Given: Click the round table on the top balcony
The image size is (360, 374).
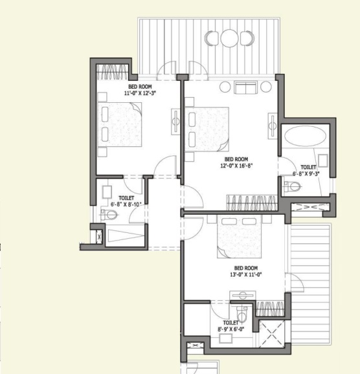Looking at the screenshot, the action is click(x=229, y=38).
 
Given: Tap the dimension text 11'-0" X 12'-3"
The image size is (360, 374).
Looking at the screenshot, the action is click(x=140, y=93).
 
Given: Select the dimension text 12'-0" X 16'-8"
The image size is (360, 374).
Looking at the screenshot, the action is click(x=236, y=166).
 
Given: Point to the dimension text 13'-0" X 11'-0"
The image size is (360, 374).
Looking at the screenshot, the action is click(x=246, y=274).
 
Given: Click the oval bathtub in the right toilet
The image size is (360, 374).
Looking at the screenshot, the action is click(x=305, y=136).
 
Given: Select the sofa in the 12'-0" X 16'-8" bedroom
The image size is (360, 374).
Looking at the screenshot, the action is click(x=245, y=87).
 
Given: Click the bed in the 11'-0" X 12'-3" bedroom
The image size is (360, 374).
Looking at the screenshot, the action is click(x=119, y=124).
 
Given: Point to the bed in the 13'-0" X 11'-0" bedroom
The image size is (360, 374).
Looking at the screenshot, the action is click(x=239, y=237).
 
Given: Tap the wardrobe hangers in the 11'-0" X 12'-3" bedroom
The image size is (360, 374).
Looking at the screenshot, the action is click(x=112, y=72).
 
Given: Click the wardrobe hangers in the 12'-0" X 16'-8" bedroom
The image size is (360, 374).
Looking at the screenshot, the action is click(x=252, y=203).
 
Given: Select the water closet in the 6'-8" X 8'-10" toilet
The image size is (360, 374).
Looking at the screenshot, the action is click(x=109, y=214).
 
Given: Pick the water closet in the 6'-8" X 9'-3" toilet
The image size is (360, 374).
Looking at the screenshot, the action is click(x=292, y=186).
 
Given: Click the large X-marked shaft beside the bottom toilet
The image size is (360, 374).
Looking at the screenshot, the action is click(x=272, y=334).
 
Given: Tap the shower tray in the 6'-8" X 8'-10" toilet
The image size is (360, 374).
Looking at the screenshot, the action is click(x=125, y=236).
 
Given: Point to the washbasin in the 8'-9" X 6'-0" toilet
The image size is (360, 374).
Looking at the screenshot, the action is click(x=226, y=338).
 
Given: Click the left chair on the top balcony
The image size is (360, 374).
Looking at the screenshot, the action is click(x=212, y=38).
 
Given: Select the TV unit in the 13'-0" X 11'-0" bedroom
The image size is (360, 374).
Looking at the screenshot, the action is click(x=243, y=295).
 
